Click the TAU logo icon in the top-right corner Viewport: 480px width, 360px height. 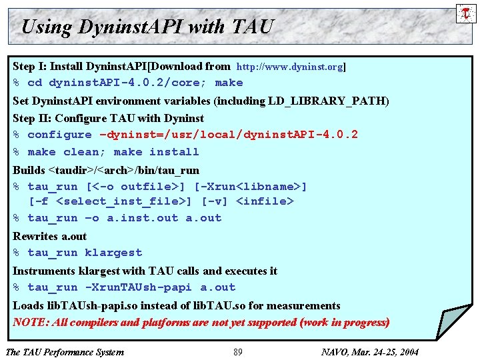(x=464, y=13)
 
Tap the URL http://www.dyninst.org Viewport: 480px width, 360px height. (x=290, y=67)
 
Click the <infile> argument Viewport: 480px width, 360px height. (x=265, y=201)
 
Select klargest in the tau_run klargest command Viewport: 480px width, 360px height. (x=113, y=253)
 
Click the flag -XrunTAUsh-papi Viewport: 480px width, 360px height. (x=138, y=287)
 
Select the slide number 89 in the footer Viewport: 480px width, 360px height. (x=238, y=352)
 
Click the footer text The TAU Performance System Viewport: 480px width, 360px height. (x=64, y=352)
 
